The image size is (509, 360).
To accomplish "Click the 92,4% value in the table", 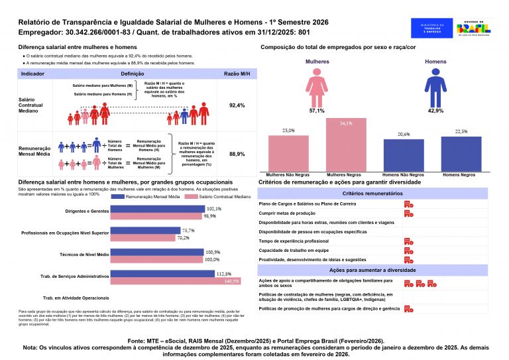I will coord(237,105).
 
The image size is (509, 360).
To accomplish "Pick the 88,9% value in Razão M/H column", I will coord(237,154).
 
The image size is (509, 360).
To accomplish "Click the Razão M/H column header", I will coord(237,74).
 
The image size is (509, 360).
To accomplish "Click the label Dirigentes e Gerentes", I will coord(87,211).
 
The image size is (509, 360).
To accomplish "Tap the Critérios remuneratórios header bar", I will coord(372,193).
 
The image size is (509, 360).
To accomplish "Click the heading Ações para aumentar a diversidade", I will coord(372,271).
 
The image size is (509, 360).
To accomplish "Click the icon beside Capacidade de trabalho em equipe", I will coord(408,251).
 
